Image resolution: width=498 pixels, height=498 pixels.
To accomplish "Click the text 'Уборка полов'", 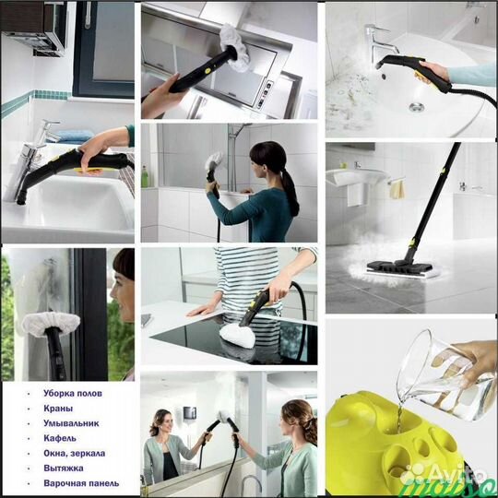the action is pyautogui.click(x=73, y=393).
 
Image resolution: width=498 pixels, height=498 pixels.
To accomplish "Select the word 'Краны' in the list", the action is pyautogui.click(x=58, y=409).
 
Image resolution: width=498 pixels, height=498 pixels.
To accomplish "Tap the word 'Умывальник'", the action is pyautogui.click(x=71, y=423).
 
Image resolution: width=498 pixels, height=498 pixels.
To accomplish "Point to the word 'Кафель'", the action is pyautogui.click(x=60, y=438).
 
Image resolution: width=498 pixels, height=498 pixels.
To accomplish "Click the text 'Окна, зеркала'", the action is pyautogui.click(x=75, y=453).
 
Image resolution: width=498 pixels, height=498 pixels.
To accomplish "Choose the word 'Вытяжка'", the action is pyautogui.click(x=64, y=468).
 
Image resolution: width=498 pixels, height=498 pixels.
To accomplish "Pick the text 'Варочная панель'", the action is pyautogui.click(x=81, y=483).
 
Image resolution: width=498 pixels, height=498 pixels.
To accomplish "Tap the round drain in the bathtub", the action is pyautogui.click(x=416, y=107).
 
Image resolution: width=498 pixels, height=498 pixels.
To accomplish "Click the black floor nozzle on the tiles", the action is pyautogui.click(x=399, y=267).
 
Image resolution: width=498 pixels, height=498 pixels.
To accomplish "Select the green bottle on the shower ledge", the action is pyautogui.click(x=145, y=176).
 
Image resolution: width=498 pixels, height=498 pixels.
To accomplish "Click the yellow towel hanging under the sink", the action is pyautogui.click(x=397, y=189).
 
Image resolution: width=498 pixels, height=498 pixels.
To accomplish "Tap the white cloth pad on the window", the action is pyautogui.click(x=51, y=324).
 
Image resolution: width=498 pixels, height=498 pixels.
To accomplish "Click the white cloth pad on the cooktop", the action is pyautogui.click(x=238, y=335).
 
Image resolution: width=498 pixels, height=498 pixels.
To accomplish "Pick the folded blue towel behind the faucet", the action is pyautogui.click(x=76, y=136).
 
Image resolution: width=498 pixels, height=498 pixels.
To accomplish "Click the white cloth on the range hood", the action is pyautogui.click(x=236, y=48).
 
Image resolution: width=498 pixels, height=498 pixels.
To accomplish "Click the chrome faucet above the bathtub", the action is pyautogui.click(x=380, y=41).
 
